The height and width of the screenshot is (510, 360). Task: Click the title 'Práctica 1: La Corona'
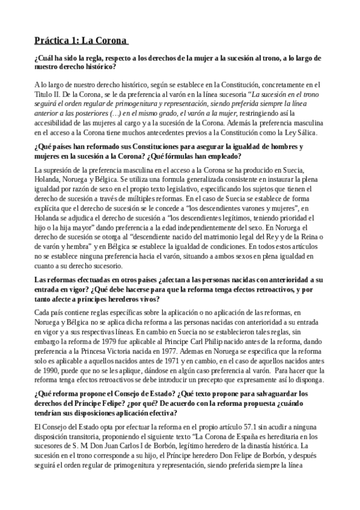click(81, 41)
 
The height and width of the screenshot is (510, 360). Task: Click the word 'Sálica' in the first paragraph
click(313, 133)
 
